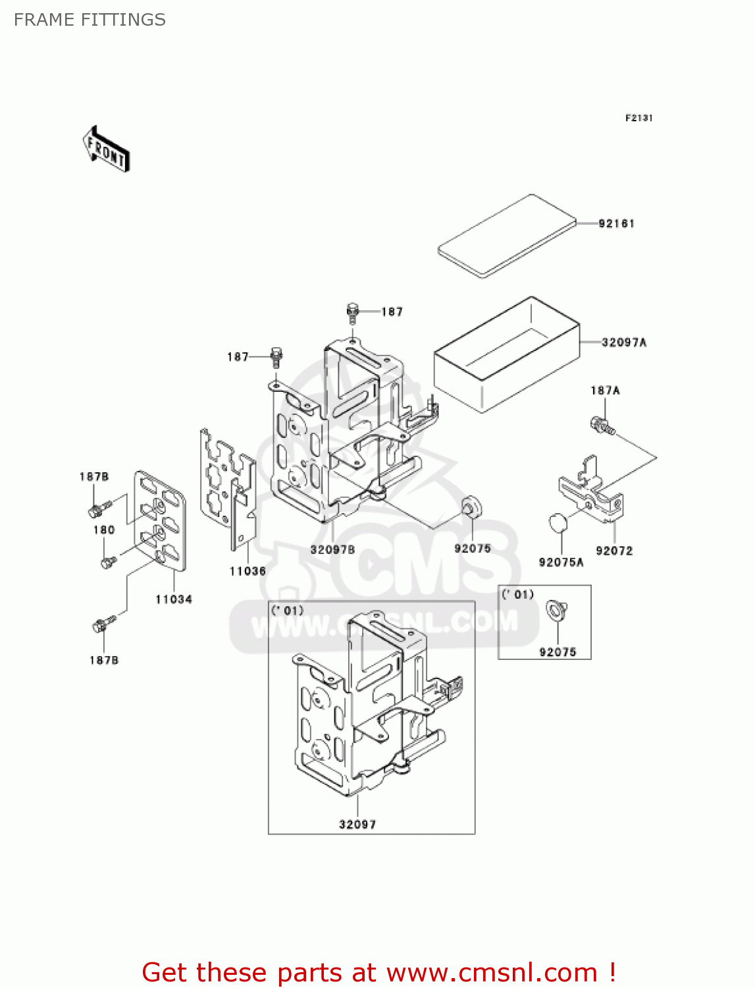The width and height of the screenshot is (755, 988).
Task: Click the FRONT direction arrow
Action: pos(106,150)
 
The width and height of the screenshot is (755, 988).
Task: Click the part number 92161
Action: pos(616,224)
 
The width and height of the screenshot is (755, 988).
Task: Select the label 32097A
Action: pos(623,343)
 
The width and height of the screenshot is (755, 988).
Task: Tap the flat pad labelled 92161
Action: pos(506,236)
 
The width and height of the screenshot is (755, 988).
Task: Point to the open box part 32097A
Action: pos(507,356)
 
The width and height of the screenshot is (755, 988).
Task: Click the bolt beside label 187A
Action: pos(602,425)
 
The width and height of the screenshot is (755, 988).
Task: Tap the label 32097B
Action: pos(332,549)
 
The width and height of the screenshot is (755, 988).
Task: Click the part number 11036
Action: pos(247,571)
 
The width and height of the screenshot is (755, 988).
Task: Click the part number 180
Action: pos(104,530)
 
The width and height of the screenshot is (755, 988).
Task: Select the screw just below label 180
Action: pos(108,562)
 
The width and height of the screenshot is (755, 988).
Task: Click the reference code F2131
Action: pos(638,118)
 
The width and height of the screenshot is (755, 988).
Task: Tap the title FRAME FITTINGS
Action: pos(90,20)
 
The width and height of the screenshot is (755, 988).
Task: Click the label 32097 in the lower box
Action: pos(357,824)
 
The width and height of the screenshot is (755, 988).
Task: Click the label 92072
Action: pos(614,551)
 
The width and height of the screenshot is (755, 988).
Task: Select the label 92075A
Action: pos(561,562)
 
